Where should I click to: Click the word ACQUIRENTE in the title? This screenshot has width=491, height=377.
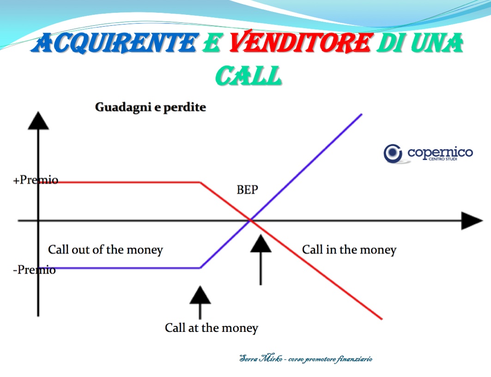(x=115, y=43)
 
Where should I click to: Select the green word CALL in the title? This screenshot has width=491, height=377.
(x=249, y=75)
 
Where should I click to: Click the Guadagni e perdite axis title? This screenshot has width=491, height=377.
(x=150, y=107)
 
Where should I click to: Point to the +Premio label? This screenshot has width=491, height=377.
(x=36, y=180)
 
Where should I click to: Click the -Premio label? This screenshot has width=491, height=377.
(x=35, y=270)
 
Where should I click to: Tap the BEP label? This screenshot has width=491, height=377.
(x=248, y=189)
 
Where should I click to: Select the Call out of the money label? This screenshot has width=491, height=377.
(x=105, y=249)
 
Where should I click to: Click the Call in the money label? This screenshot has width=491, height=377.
(x=349, y=249)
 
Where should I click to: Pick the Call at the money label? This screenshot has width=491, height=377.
(x=212, y=328)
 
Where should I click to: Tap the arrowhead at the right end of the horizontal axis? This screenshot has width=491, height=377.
(x=472, y=220)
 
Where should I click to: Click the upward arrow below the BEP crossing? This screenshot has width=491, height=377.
(x=261, y=260)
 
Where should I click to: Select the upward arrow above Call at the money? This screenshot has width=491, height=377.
(x=200, y=302)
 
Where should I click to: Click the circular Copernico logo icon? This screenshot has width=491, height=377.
(x=393, y=153)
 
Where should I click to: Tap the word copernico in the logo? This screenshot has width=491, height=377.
(x=440, y=153)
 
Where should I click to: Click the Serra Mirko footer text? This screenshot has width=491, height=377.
(x=306, y=358)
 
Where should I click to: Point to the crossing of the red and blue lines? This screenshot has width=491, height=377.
(x=251, y=220)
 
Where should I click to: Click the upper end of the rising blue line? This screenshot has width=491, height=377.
(x=362, y=114)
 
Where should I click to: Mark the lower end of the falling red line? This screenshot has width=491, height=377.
(x=382, y=319)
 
